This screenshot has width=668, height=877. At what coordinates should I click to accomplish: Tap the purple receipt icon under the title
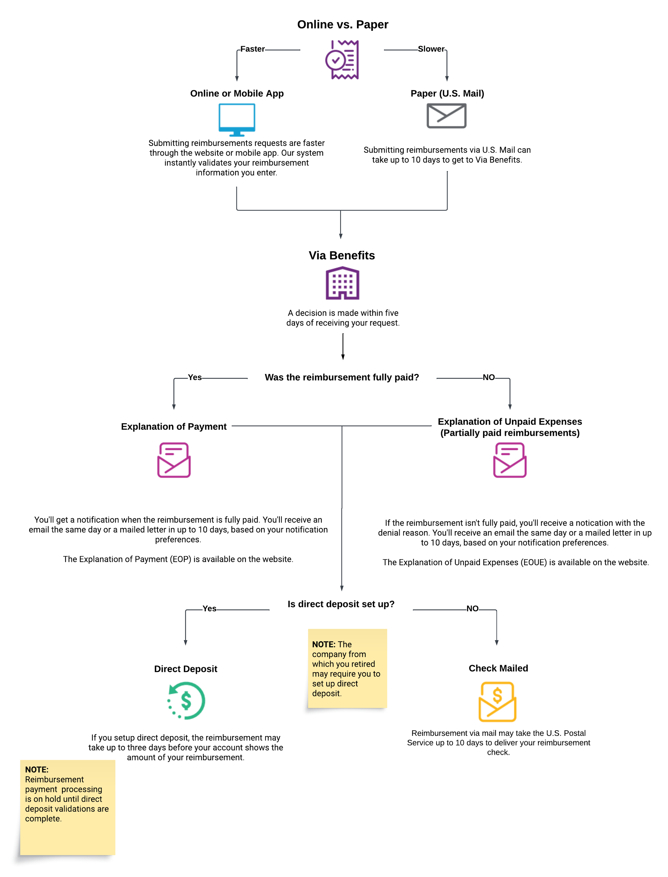coord(342,60)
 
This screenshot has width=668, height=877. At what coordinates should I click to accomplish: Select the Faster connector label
coord(253,49)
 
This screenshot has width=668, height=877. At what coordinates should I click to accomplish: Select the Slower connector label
coord(431,49)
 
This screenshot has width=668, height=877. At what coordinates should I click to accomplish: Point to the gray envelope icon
coord(446,116)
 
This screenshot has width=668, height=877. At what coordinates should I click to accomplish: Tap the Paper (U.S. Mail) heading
coord(447,94)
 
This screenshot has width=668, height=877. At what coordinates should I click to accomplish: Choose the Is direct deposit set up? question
coord(341,604)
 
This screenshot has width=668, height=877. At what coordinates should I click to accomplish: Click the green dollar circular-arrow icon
coord(186,700)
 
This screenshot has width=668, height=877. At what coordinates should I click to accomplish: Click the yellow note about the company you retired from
coord(347,668)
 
